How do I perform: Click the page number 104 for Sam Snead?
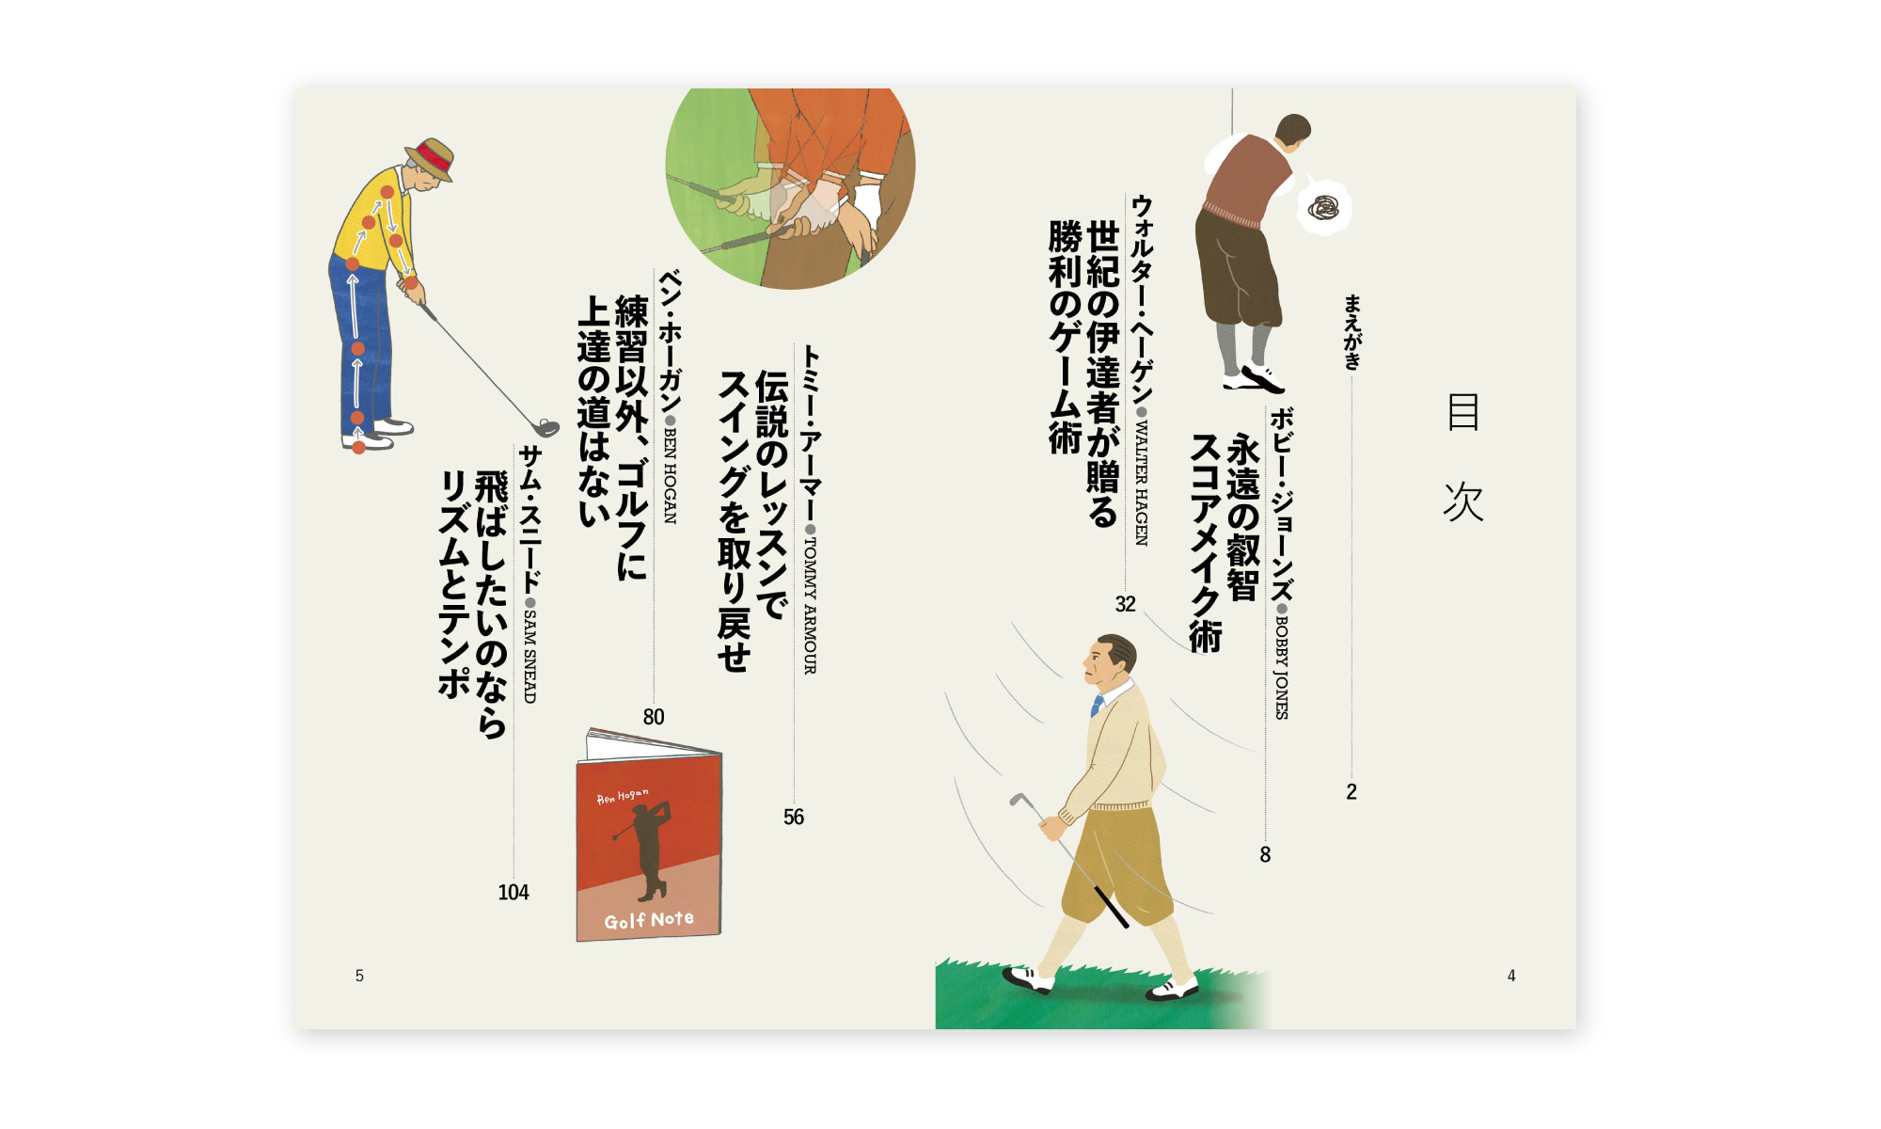514,892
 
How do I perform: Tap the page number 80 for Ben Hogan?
654,717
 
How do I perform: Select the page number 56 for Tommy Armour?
794,817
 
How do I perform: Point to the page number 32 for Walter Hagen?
1126,604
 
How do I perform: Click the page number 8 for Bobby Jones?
1265,854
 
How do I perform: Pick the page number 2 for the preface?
1351,791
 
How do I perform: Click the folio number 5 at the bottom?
359,976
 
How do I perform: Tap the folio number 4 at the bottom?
1511,976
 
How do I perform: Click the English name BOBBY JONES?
1281,668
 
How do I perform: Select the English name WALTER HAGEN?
1142,484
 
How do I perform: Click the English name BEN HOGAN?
670,476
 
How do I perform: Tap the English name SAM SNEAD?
530,657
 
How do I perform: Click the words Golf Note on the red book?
649,920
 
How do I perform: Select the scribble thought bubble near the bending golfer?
1325,207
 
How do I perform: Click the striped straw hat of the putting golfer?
432,158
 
